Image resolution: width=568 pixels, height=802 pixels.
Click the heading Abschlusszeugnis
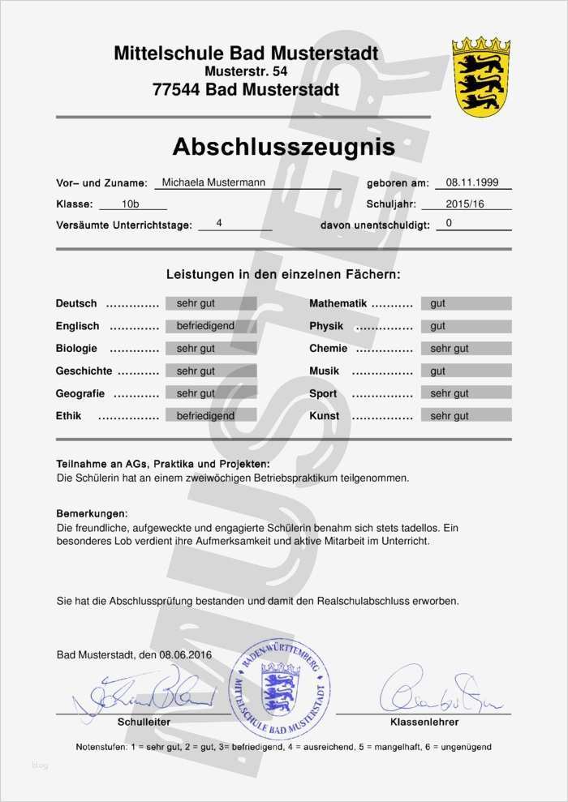283,147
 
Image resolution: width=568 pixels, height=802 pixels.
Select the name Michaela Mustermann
213,182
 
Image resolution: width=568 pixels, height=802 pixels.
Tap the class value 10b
130,204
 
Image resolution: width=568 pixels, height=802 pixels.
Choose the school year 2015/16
465,204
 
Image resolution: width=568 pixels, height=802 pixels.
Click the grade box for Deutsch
211,303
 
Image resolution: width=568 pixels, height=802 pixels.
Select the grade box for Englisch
211,326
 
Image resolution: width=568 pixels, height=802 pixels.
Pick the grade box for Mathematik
466,303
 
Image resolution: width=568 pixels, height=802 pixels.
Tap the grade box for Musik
466,371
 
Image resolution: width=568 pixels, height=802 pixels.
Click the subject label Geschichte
84,371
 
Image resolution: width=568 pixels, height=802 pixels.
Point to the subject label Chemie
328,349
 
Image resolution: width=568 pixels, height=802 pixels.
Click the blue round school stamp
280,688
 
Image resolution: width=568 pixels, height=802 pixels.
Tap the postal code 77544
177,90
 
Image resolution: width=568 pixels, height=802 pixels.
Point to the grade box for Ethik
211,416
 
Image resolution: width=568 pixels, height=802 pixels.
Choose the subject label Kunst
325,416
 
